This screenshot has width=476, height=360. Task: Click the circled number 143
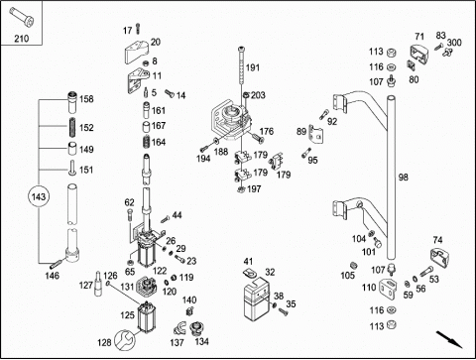39,197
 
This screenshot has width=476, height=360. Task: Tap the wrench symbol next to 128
125,340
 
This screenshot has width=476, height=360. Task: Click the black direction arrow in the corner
449,339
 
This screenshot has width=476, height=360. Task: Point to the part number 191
253,67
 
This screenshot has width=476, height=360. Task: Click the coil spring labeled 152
73,127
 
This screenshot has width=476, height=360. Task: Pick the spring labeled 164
147,143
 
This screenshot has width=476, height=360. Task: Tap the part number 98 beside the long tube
403,178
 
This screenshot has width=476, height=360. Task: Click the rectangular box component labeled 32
256,300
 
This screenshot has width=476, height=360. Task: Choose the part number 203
258,95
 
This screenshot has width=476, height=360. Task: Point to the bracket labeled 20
136,52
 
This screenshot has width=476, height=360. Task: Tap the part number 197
254,189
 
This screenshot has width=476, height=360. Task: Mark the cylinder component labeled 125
147,316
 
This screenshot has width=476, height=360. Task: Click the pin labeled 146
57,265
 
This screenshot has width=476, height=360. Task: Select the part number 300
454,43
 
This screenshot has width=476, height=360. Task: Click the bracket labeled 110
391,289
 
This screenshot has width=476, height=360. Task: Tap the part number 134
201,341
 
